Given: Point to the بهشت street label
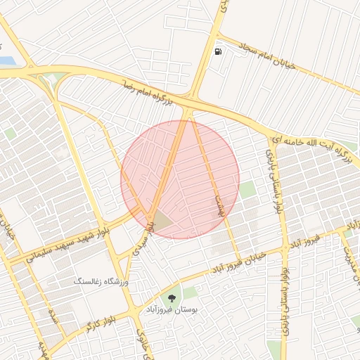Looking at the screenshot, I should (x=219, y=205).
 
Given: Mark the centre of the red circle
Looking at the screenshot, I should (x=180, y=179).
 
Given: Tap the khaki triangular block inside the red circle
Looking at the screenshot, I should (x=162, y=222).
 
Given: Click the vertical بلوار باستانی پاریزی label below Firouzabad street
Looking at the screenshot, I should (x=285, y=295).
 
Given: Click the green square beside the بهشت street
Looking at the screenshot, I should (x=247, y=189).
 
